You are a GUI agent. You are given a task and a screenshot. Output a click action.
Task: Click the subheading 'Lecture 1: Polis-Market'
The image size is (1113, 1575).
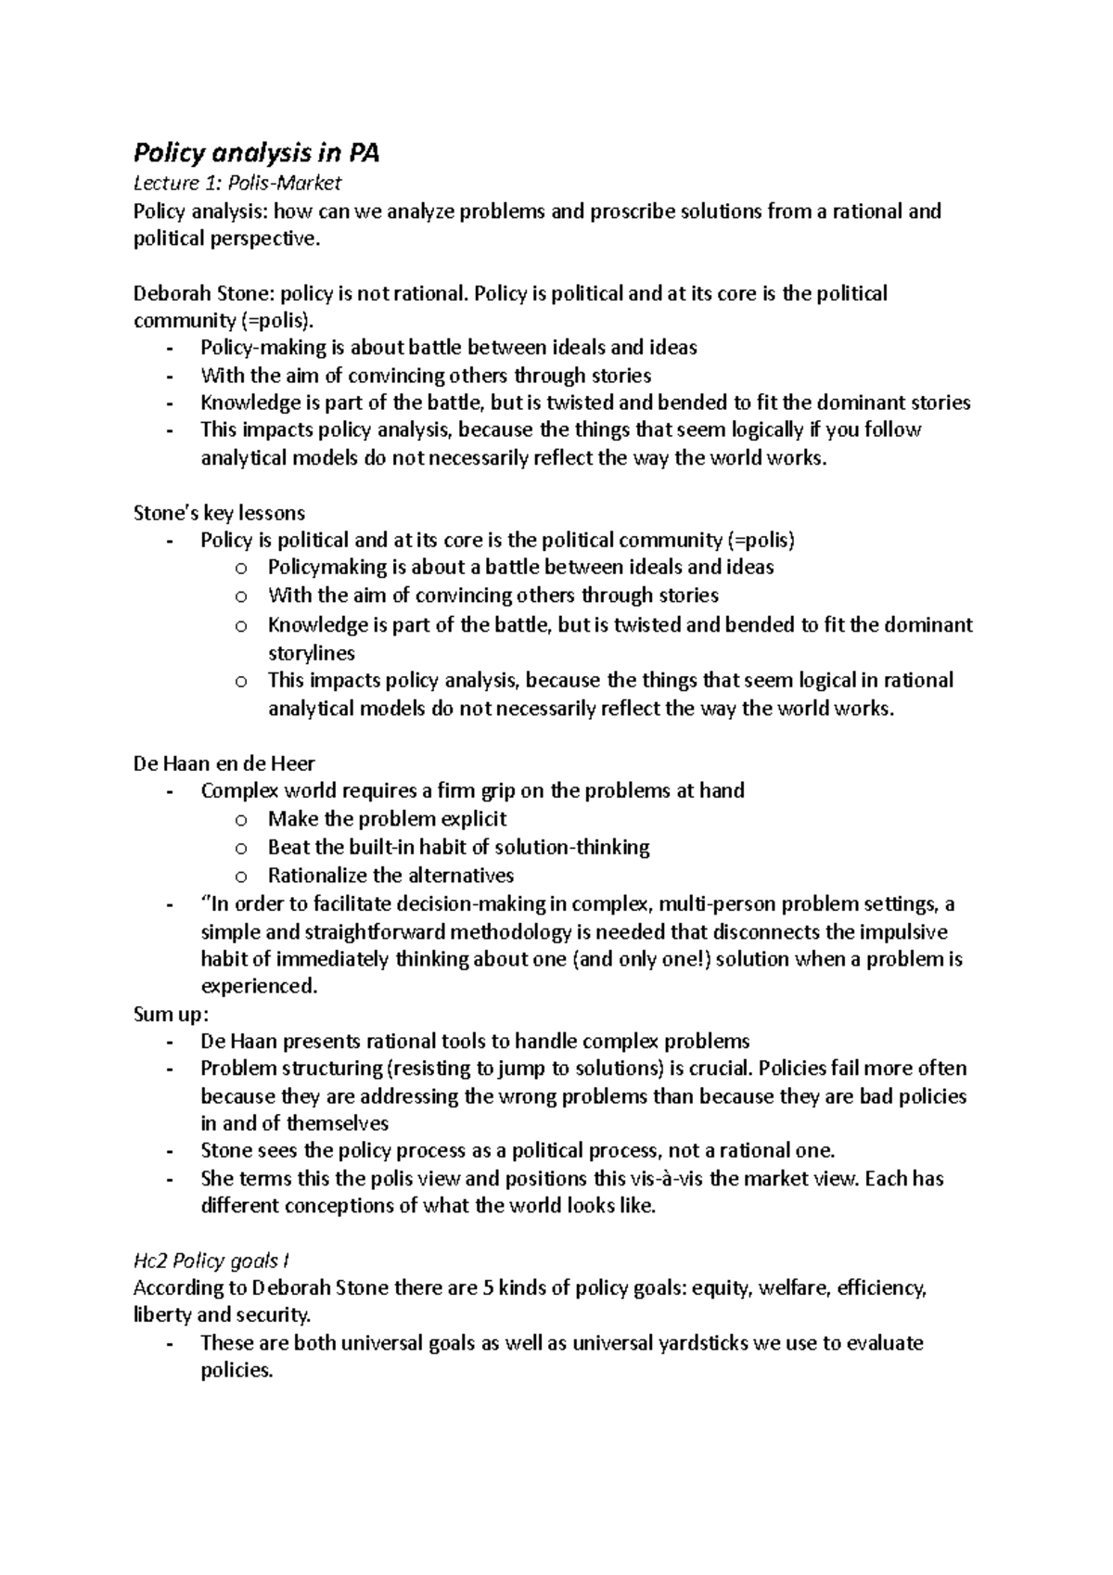tap(237, 184)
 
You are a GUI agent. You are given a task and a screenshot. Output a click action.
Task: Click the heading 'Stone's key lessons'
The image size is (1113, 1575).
tap(220, 513)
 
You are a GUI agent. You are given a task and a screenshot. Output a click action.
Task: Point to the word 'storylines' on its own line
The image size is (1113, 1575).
tap(312, 653)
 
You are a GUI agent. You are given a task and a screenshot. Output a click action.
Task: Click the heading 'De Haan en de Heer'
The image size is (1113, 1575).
tap(224, 764)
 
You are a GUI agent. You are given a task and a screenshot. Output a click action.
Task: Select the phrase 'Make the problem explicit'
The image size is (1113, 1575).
tap(387, 819)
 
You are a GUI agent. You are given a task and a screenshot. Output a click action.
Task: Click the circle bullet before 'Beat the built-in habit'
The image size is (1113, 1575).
tap(241, 848)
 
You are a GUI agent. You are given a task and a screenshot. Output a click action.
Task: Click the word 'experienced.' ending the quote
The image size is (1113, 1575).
tap(259, 987)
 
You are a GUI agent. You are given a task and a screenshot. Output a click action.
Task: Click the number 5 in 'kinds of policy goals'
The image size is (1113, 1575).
tap(488, 1288)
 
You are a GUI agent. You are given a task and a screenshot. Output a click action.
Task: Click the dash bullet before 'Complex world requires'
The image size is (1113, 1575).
tap(169, 792)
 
